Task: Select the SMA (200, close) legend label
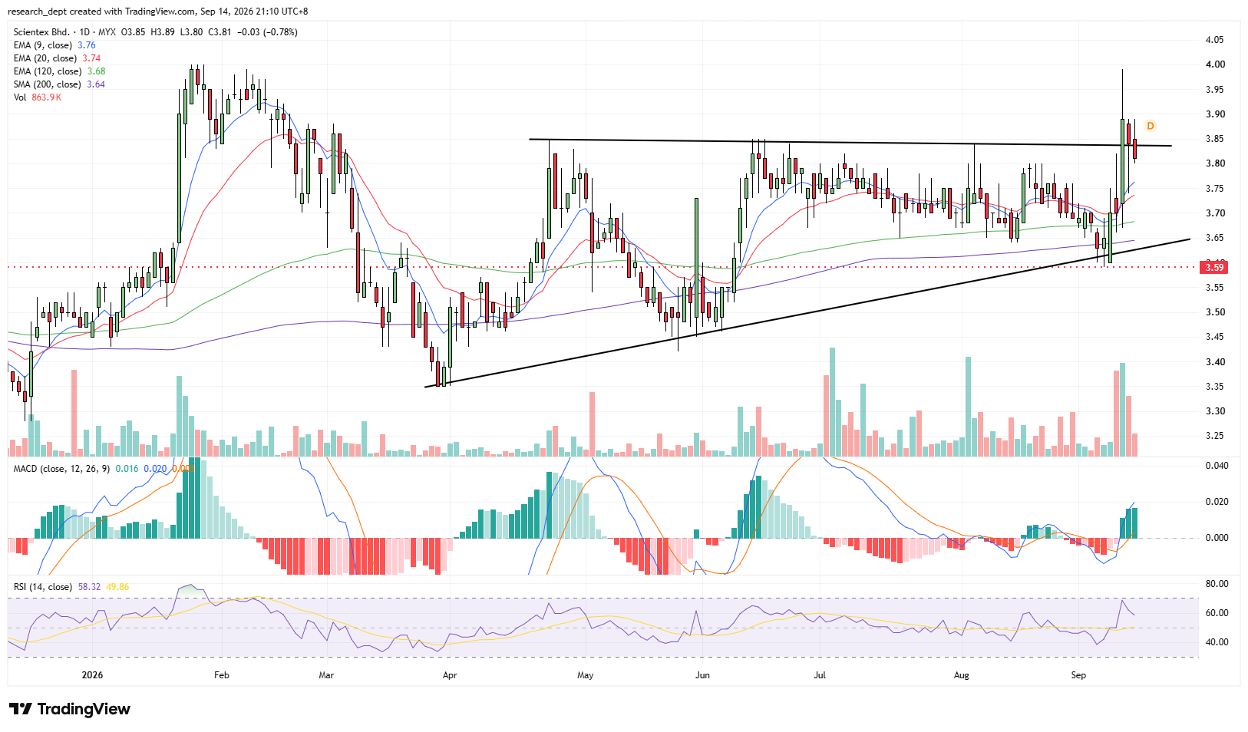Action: point(48,84)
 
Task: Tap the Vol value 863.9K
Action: point(46,97)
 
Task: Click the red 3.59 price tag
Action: point(1214,267)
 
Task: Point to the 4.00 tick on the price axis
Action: point(1210,64)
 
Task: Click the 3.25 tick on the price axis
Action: point(1210,436)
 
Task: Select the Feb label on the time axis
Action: point(221,675)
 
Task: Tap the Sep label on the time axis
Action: point(1078,675)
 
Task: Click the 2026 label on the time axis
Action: point(92,675)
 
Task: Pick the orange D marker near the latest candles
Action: point(1150,126)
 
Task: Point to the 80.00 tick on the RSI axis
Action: point(1213,584)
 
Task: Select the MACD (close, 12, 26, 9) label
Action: point(61,469)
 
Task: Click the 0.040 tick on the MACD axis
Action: point(1213,466)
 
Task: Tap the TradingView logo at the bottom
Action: point(70,709)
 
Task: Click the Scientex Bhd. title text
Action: point(41,32)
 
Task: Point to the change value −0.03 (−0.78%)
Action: point(267,32)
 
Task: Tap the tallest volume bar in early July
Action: point(832,402)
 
